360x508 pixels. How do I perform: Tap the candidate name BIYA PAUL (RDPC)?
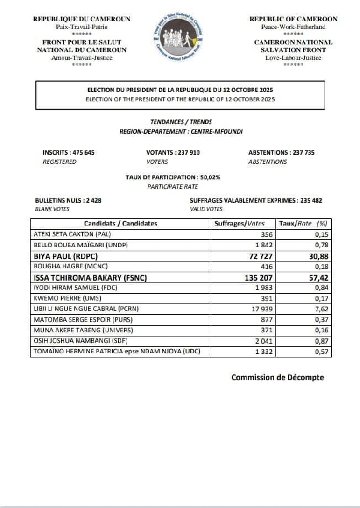(68, 256)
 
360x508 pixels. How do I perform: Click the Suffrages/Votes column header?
(239, 223)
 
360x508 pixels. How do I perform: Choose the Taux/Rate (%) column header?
(305, 223)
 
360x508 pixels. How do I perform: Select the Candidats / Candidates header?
(120, 223)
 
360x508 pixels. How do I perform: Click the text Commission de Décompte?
(277, 377)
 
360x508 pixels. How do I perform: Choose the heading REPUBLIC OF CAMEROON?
(293, 19)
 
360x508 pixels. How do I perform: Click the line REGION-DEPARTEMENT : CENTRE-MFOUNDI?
(180, 130)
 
